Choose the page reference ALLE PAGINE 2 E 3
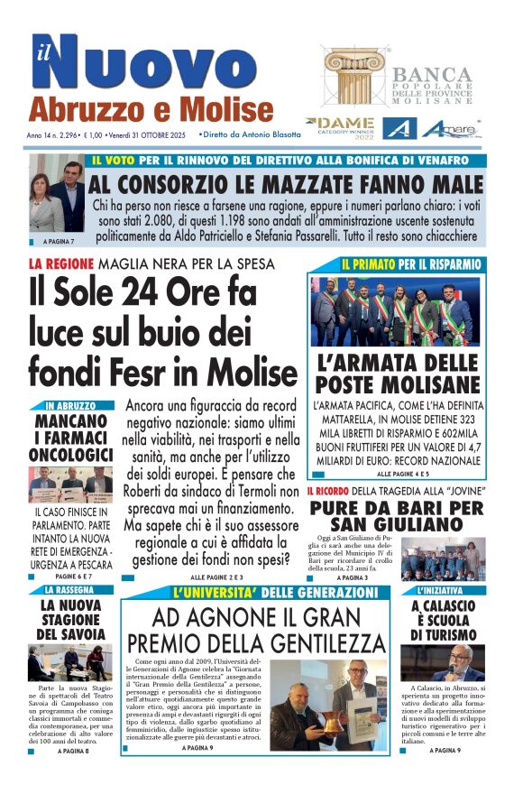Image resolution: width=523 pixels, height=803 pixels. pyautogui.click(x=216, y=577)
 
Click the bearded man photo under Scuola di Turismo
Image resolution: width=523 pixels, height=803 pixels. pyautogui.click(x=454, y=663)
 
